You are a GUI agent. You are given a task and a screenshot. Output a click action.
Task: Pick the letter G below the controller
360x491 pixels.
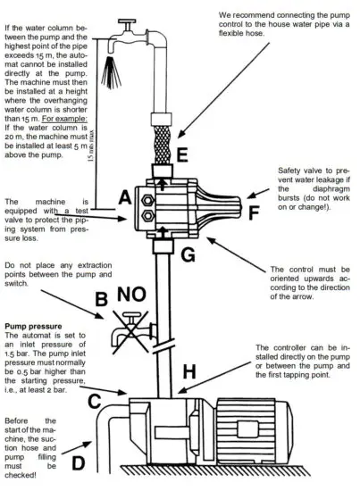point(186,256)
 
